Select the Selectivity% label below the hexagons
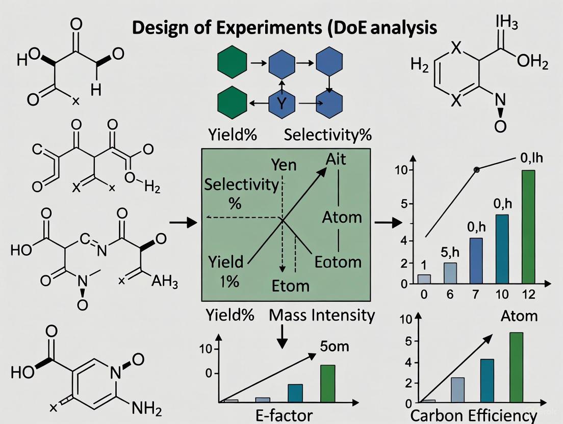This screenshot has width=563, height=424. pos(327,135)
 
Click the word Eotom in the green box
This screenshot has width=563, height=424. pos(338,262)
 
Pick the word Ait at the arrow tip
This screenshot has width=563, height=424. pos(336,159)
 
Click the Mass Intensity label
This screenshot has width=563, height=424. pos(322,315)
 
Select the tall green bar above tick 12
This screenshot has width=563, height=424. pos(528,226)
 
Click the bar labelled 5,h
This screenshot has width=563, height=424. pos(450,273)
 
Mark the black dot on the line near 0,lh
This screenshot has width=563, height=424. pos(477,169)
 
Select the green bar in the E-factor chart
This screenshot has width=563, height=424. pos(327,383)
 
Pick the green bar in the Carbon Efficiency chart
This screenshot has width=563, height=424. pos(516,367)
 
